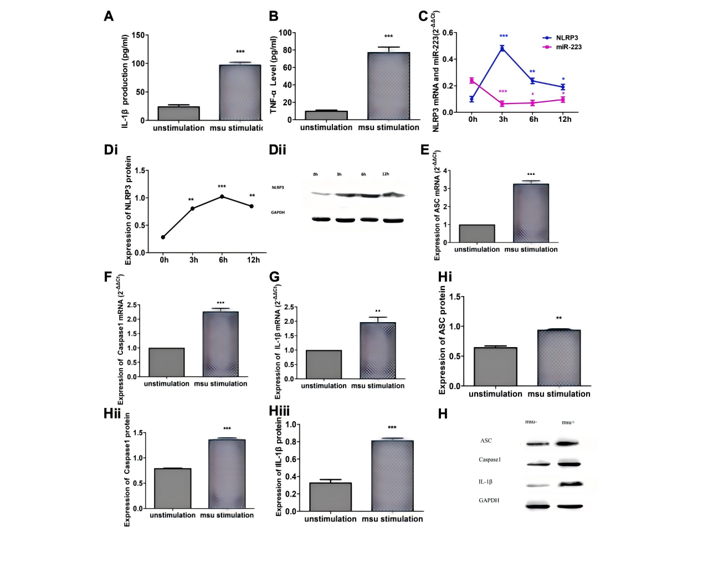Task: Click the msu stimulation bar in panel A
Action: click(240, 92)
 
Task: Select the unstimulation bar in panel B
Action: click(326, 115)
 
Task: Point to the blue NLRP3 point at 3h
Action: click(502, 49)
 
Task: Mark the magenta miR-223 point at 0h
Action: click(471, 81)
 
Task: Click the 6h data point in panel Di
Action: click(222, 196)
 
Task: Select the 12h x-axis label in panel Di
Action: click(253, 260)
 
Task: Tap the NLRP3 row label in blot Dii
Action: click(278, 188)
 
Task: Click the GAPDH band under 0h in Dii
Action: click(320, 219)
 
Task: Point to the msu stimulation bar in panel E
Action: click(531, 213)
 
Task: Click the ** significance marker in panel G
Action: click(378, 312)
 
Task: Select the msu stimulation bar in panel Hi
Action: click(559, 358)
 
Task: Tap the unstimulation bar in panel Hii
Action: click(173, 488)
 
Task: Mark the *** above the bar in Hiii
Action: click(392, 428)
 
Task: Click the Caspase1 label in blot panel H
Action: click(490, 460)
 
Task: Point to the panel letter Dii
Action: click(278, 150)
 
